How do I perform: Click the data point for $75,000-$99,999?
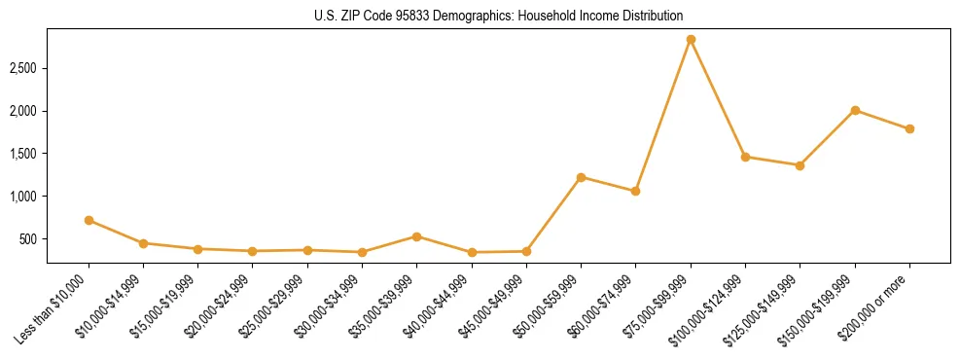coord(691,40)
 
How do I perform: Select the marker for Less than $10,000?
coord(89,220)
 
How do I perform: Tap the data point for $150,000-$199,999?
coord(855,110)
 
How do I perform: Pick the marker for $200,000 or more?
coord(909,128)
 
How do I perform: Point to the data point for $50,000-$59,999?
coord(581,177)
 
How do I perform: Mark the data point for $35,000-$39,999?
coord(416,236)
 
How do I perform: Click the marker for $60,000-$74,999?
coord(635,191)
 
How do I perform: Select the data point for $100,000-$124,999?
coord(745,157)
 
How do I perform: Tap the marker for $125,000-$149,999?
coord(800,165)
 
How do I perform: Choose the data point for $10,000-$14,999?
coord(143,243)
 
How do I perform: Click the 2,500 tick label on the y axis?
coord(23,68)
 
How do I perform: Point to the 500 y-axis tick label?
coord(29,238)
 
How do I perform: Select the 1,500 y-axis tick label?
coord(23,154)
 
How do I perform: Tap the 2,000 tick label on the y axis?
coord(23,111)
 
